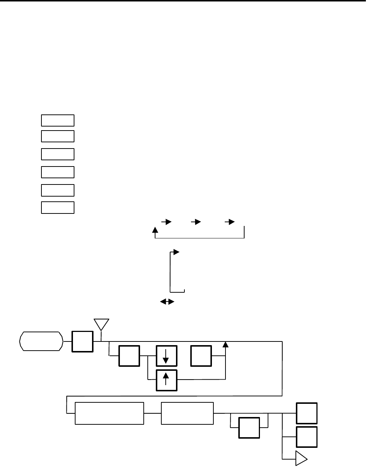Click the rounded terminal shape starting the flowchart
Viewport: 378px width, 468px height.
[x=41, y=341]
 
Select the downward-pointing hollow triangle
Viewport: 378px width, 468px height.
[x=101, y=325]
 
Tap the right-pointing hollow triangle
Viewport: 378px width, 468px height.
[x=301, y=458]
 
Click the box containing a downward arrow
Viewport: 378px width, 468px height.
[x=166, y=355]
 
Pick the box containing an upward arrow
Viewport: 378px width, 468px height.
[x=166, y=380]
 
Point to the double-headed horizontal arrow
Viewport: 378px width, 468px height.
[x=166, y=301]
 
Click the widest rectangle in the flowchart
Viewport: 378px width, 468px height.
[x=109, y=413]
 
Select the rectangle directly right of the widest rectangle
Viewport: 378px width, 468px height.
[x=187, y=413]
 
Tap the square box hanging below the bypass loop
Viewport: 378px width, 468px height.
[x=249, y=427]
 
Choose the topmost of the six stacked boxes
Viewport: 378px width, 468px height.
[x=58, y=120]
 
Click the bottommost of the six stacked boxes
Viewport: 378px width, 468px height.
[x=58, y=207]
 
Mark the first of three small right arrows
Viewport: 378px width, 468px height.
[x=166, y=222]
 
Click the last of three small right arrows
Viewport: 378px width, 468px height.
[x=230, y=222]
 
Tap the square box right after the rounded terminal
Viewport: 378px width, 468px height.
[x=82, y=341]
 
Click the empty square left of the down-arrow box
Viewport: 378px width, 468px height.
[x=129, y=355]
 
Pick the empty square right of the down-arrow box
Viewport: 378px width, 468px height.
[x=201, y=355]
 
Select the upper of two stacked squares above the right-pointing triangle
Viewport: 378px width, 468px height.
[x=307, y=413]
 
